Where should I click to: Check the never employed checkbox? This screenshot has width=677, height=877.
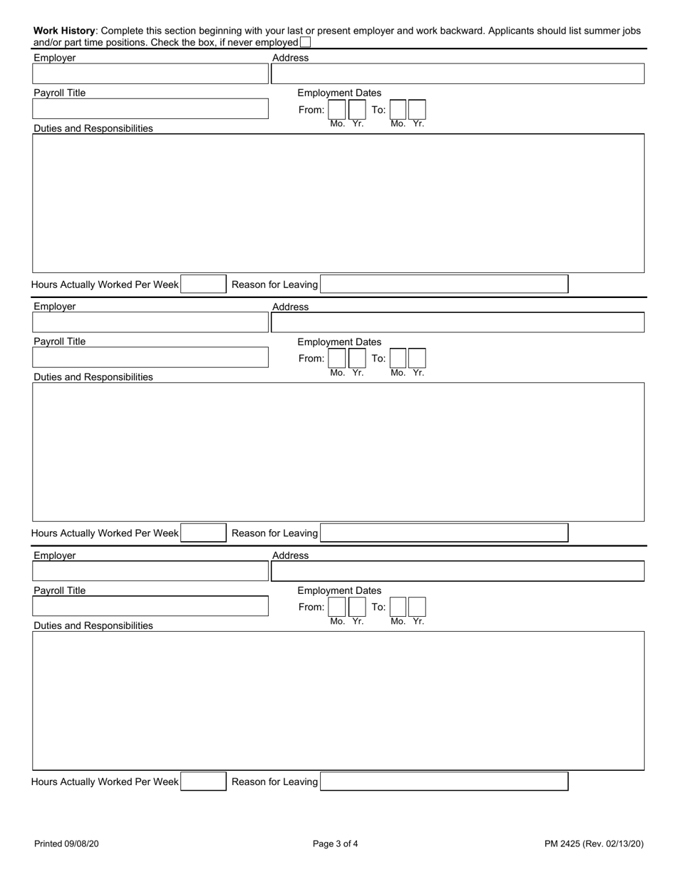coord(305,43)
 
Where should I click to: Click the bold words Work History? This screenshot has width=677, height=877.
coord(64,31)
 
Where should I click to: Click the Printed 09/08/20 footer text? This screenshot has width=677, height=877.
coord(66,844)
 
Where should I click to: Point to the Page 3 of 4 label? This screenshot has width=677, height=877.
coord(335,844)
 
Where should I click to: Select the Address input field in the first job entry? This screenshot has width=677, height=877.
coord(458,74)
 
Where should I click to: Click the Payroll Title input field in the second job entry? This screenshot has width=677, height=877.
coord(150,358)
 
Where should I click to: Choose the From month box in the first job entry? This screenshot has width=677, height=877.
coord(336,110)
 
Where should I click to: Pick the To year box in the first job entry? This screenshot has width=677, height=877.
coord(418,110)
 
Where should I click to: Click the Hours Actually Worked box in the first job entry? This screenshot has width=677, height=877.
coord(203,284)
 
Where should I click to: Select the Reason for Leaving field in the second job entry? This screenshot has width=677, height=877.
coord(444,533)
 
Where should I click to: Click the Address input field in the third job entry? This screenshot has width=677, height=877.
coord(458,571)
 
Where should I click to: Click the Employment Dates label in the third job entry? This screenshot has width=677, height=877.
coord(339,590)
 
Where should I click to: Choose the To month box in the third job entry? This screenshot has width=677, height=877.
coord(398,607)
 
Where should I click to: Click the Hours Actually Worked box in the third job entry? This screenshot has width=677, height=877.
coord(203,781)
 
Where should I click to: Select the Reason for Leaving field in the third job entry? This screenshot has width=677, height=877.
coord(444,781)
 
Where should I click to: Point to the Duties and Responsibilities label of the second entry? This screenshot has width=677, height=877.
coord(93,376)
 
